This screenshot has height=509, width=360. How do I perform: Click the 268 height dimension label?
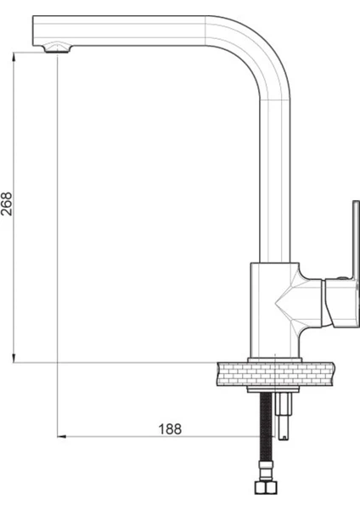7,204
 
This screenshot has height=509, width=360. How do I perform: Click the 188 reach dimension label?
170,429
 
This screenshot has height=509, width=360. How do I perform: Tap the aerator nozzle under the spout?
57,48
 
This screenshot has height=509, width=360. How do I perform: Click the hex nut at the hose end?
266,487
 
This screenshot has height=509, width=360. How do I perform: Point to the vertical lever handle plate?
356,240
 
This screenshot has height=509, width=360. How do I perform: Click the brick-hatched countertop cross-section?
276,374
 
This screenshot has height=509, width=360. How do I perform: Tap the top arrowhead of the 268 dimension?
14,56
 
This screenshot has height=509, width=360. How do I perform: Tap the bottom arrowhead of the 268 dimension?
14,358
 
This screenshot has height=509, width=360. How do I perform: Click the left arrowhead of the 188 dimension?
61,437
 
